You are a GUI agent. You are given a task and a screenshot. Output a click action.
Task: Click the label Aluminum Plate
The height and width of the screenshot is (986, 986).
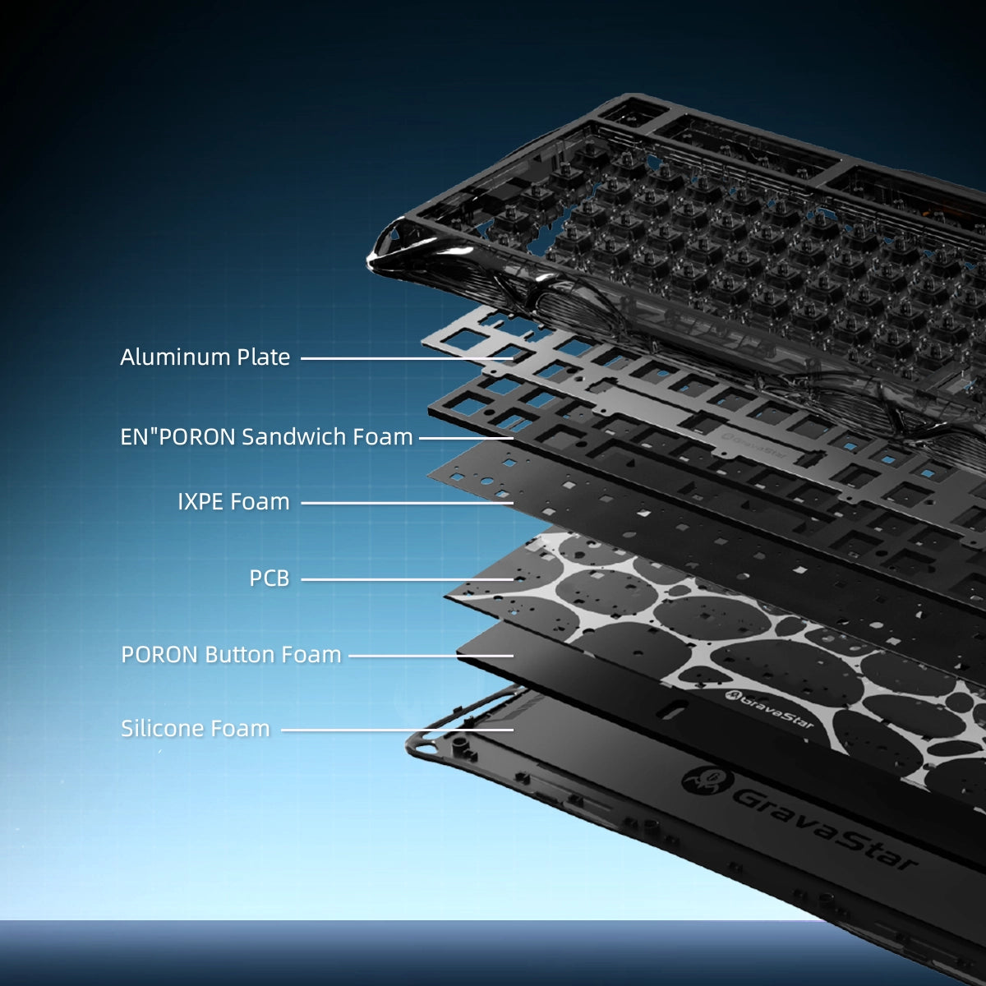click(x=205, y=357)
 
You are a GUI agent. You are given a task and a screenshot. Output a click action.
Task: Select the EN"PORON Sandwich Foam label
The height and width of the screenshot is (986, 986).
click(x=266, y=437)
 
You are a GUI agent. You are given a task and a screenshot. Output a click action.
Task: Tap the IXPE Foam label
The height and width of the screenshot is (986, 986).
click(x=233, y=502)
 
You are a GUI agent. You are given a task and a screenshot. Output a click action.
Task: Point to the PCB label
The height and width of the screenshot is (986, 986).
click(x=270, y=578)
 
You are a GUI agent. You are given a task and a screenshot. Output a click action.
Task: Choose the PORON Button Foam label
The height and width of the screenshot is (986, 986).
click(x=231, y=654)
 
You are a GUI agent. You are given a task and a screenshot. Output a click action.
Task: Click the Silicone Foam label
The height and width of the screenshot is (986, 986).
click(x=195, y=729)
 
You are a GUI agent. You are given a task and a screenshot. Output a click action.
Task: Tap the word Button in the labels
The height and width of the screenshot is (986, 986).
click(x=239, y=654)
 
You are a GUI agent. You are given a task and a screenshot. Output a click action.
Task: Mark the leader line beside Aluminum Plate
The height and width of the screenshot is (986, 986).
click(x=407, y=359)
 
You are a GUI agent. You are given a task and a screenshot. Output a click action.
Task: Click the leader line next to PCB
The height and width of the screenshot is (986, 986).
click(x=407, y=580)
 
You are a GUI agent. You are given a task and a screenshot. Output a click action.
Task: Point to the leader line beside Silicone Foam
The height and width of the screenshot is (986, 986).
click(x=397, y=730)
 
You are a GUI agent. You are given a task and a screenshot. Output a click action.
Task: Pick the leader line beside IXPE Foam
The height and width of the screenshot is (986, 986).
click(x=407, y=503)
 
